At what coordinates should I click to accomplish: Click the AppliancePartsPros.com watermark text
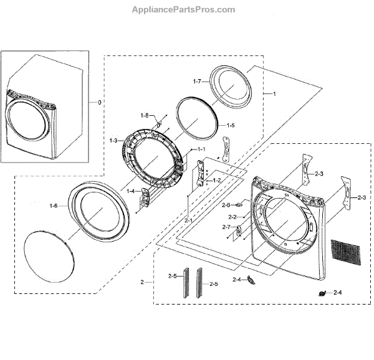tap(185, 10)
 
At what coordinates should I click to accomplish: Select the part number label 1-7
tap(197, 82)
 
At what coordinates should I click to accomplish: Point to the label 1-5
tap(230, 125)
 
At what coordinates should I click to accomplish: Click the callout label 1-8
tap(144, 115)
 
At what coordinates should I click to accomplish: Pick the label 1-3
tap(113, 141)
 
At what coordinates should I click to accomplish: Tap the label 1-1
tap(201, 150)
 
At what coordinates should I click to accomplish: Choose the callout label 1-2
tap(216, 180)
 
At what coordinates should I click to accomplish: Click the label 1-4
tap(131, 192)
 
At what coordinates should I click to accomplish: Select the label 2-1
tap(188, 220)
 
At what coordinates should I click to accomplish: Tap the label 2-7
tap(226, 227)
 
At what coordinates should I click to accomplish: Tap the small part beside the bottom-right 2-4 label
tap(324, 293)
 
